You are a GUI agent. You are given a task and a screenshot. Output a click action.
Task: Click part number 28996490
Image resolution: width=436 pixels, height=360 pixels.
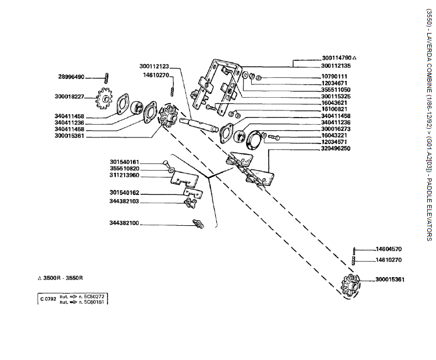click(x=71, y=77)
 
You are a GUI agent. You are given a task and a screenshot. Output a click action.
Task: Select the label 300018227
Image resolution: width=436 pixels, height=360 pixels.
click(x=70, y=97)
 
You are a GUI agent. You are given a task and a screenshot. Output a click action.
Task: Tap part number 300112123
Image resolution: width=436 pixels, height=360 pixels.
click(x=155, y=66)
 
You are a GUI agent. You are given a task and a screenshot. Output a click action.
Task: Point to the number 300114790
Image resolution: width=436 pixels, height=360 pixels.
click(x=337, y=58)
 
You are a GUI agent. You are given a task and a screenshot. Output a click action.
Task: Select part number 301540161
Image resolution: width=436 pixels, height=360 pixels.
click(x=124, y=162)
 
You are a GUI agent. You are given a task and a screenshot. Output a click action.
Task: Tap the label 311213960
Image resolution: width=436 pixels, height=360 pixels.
click(x=124, y=175)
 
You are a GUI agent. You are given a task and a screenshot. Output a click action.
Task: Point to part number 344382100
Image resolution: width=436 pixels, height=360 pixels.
click(x=124, y=223)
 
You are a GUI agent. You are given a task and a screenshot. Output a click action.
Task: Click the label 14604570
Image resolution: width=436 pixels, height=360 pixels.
click(x=389, y=249)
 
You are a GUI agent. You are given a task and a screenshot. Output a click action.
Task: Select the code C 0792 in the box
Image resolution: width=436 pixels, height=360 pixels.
click(x=47, y=299)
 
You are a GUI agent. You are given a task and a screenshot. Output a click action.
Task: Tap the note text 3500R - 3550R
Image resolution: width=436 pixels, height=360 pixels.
click(x=66, y=278)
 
